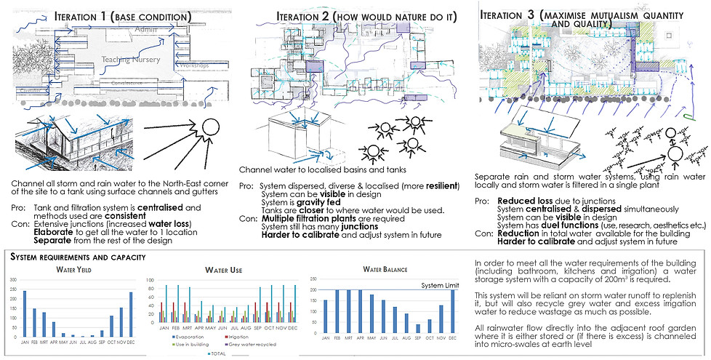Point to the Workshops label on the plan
pyautogui.click(x=193, y=66)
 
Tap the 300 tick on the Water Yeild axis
pyautogui.click(x=15, y=280)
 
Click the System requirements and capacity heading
pyautogui.click(x=76, y=257)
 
